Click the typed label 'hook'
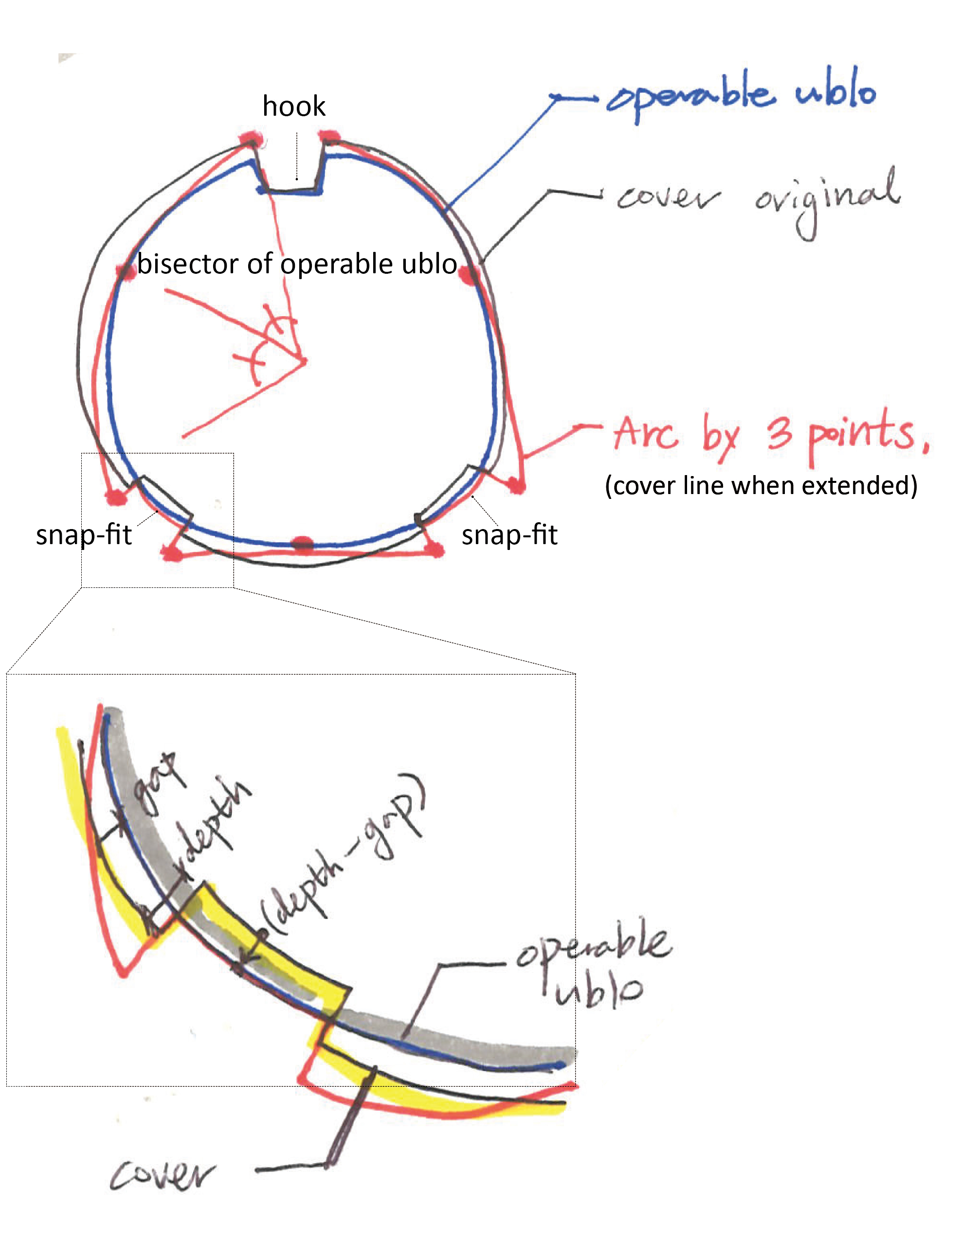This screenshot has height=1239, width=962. coord(293,106)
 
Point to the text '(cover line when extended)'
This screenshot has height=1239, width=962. coord(761,486)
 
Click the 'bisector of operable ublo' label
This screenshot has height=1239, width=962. coord(297,264)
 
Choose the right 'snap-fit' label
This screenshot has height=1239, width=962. coord(509,534)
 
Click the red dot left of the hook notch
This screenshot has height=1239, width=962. coord(250,138)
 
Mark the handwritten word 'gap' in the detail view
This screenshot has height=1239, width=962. coord(156,786)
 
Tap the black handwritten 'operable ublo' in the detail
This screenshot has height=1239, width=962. coord(593,964)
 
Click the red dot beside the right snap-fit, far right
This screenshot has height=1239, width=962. coord(515,486)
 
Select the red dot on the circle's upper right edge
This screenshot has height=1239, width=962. coord(468,276)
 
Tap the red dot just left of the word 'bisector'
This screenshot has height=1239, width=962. coord(124,270)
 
